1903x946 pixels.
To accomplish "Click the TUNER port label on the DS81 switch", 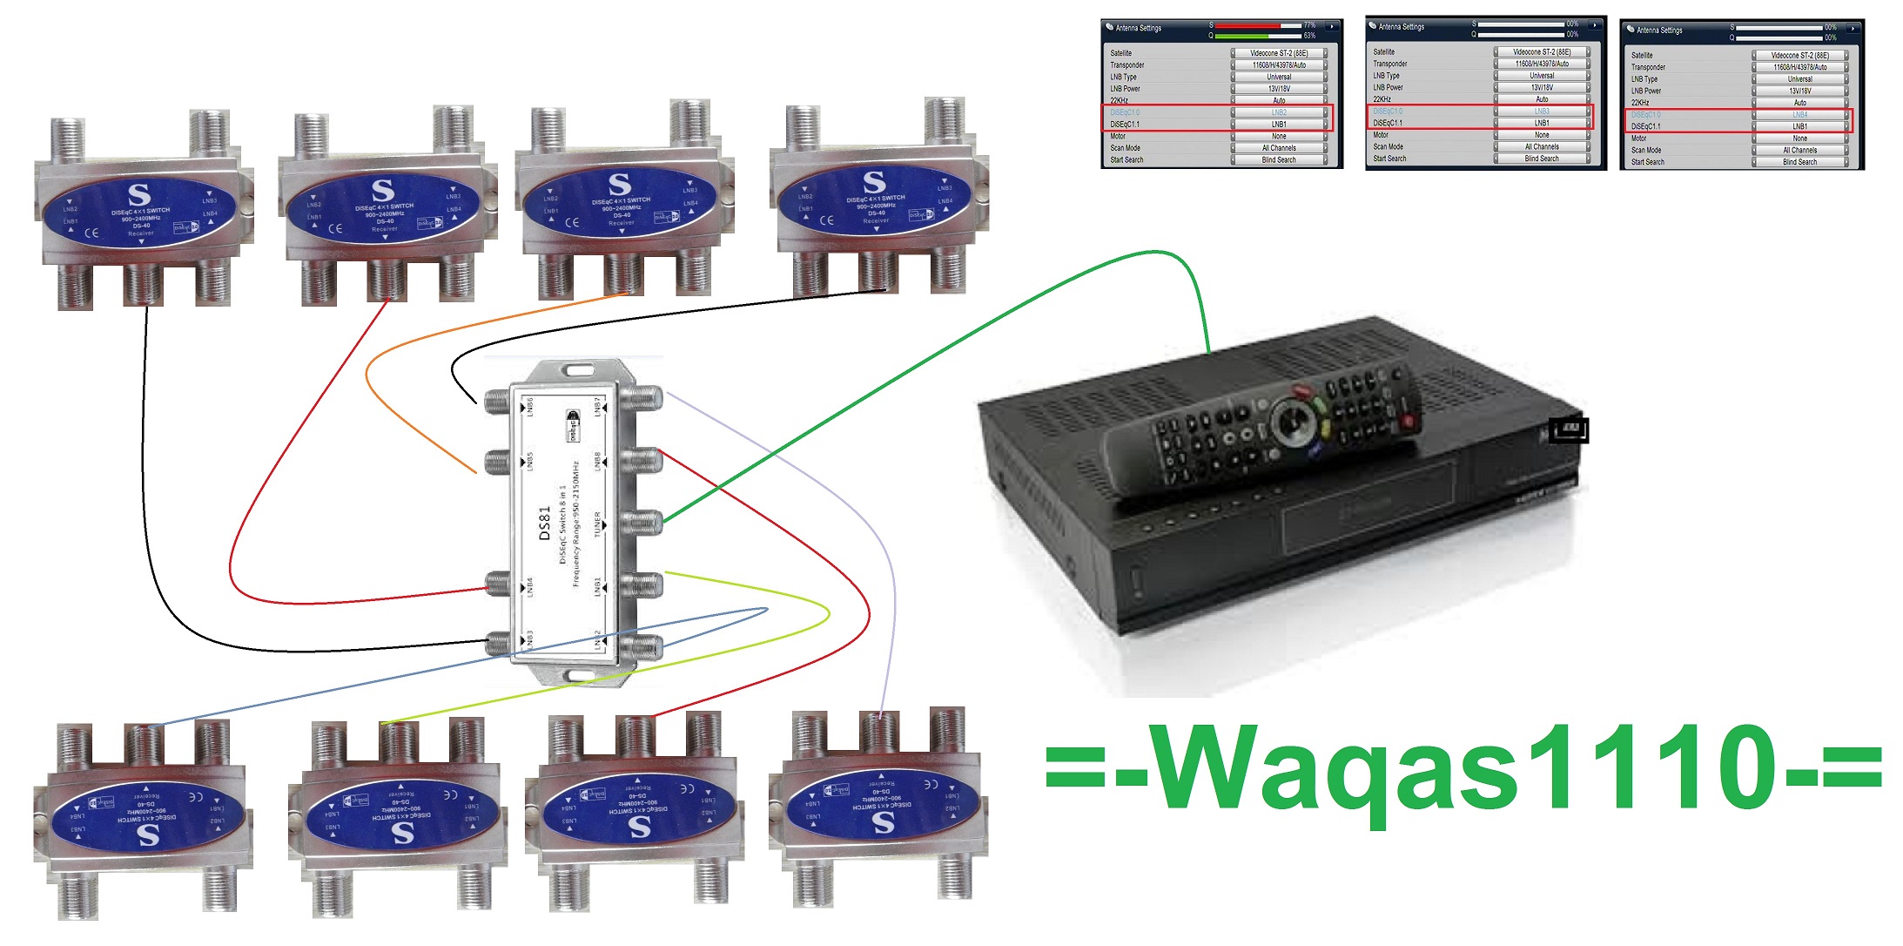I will (597, 524).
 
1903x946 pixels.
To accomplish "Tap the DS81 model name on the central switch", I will (545, 524).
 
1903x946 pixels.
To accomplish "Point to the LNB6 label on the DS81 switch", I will (529, 407).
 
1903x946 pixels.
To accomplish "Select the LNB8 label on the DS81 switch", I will (597, 462).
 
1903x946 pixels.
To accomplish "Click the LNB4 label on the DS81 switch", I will (529, 586).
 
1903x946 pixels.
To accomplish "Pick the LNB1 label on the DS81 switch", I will (597, 585).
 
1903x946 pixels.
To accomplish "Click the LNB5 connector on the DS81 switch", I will (497, 463).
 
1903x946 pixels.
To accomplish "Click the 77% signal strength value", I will (1309, 25).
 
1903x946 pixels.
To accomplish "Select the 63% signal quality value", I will (1309, 36).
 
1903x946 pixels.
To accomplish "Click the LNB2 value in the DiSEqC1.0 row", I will (1278, 112).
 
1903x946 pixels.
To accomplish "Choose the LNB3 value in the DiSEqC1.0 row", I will (1541, 111).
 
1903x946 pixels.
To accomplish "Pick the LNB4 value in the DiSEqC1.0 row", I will (1799, 115).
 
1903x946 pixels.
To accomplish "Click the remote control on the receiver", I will (1262, 427).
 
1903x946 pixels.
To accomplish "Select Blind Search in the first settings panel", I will (1278, 160).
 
